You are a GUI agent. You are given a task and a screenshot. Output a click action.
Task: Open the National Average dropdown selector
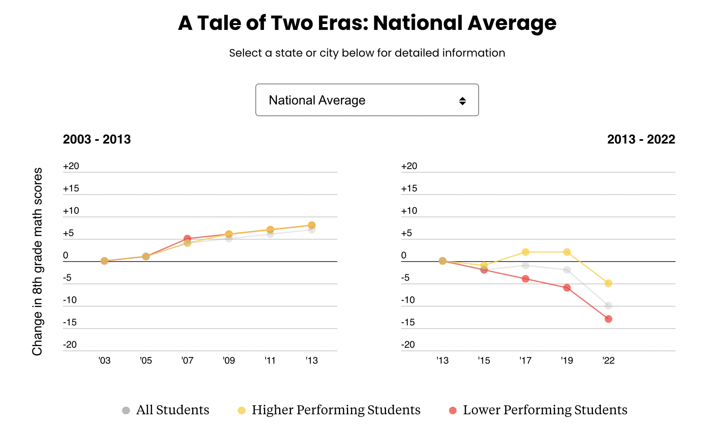[x=367, y=100]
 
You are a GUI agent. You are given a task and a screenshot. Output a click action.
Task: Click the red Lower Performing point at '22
[x=608, y=319]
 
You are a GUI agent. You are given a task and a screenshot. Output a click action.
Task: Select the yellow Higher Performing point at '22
[x=608, y=283]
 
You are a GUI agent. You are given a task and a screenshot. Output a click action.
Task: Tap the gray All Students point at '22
[x=608, y=306]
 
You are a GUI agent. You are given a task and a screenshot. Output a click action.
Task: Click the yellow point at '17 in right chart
[x=525, y=252]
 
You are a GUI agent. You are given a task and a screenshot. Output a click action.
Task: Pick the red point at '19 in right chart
[x=567, y=288]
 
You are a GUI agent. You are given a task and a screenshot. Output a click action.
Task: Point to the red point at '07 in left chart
[x=187, y=238]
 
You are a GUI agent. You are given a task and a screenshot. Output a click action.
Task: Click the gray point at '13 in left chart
[x=312, y=230]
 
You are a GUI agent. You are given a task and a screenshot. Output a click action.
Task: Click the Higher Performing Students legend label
[x=336, y=410]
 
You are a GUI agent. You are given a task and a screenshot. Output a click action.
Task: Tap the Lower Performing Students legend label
[x=545, y=410]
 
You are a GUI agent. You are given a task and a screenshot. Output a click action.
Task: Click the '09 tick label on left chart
[x=228, y=360]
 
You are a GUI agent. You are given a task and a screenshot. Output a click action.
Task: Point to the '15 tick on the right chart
[x=484, y=360]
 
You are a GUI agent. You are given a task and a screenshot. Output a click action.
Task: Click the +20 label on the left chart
[x=71, y=166]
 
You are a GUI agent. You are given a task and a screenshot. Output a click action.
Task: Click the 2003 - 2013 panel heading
[x=97, y=140]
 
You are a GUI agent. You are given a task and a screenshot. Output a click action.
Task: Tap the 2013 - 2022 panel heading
[x=641, y=140]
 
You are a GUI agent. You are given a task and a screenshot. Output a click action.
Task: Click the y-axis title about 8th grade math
[x=37, y=261]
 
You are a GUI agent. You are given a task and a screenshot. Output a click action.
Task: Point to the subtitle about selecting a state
[x=367, y=53]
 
